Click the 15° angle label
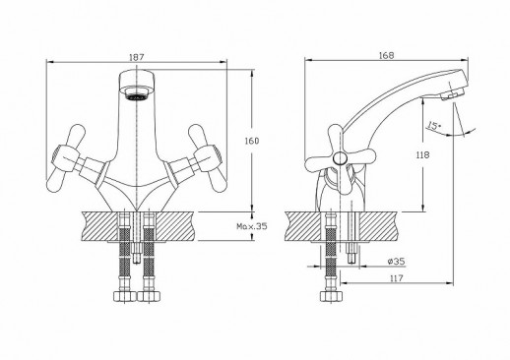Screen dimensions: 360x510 [x=433, y=126]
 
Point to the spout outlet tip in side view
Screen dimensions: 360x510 [x=450, y=93]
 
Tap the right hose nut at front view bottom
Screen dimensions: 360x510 [x=151, y=294]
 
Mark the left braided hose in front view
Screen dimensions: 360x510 [x=126, y=258]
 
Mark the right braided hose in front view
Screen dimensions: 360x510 [x=151, y=258]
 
